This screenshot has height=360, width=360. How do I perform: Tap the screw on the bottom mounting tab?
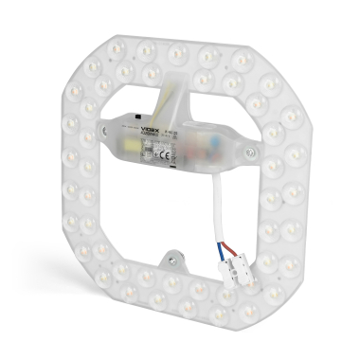171,254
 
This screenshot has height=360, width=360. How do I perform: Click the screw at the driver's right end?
250,149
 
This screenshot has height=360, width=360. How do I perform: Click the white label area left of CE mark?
142,139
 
